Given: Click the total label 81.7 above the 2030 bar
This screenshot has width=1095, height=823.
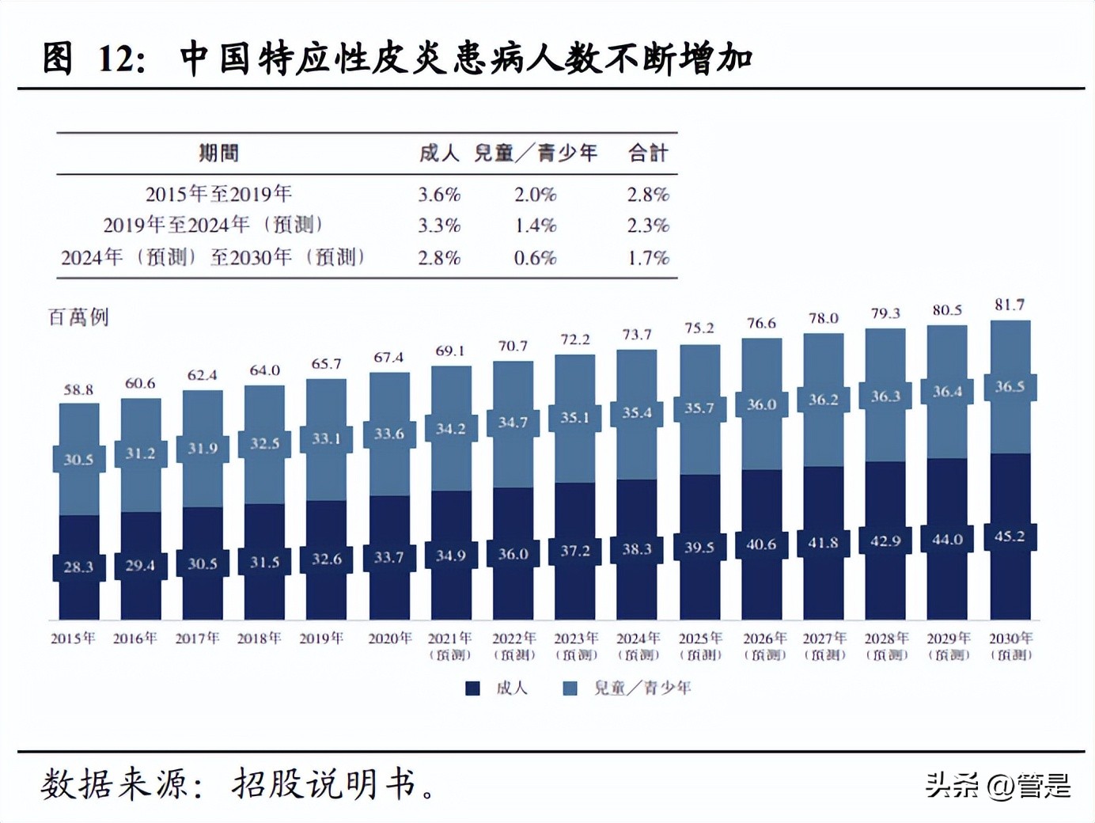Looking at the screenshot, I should (1010, 305).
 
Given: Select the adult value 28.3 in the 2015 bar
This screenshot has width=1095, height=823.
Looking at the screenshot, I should (78, 567).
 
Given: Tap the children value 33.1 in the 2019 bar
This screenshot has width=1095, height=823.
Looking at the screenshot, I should (326, 438).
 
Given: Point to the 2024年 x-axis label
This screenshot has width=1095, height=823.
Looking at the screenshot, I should (638, 639).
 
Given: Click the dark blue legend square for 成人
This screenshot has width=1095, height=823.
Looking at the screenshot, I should (472, 688).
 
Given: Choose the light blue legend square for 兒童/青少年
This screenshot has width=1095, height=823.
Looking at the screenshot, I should (570, 688).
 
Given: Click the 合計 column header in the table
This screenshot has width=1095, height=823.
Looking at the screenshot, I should (648, 153).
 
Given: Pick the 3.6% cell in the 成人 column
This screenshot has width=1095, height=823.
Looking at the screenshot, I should (439, 195).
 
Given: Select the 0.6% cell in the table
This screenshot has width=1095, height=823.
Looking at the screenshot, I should (535, 258).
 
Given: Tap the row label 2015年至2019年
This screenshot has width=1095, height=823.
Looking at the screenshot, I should (218, 194).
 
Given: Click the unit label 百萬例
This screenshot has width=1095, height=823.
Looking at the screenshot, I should (78, 317).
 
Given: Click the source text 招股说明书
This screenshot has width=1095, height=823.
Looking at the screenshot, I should (324, 783).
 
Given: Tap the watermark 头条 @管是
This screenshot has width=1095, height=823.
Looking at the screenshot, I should (998, 785).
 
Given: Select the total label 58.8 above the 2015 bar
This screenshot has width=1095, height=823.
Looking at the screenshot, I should (78, 389).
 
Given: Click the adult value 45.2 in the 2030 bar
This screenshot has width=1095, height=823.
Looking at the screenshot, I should (1010, 537).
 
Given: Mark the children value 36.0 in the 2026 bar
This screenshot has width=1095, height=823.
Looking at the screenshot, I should (761, 404).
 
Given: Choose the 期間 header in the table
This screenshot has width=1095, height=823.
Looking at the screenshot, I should (218, 153).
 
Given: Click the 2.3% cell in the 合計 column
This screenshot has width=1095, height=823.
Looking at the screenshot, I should (648, 226).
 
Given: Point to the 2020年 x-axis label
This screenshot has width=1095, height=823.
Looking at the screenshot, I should (389, 639).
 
